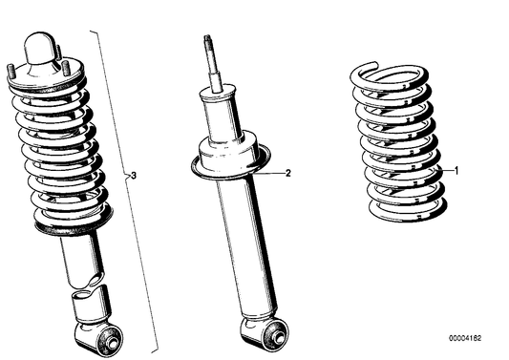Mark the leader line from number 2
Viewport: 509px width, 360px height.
coord(272,174)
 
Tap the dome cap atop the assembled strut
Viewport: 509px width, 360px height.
coord(39,46)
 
